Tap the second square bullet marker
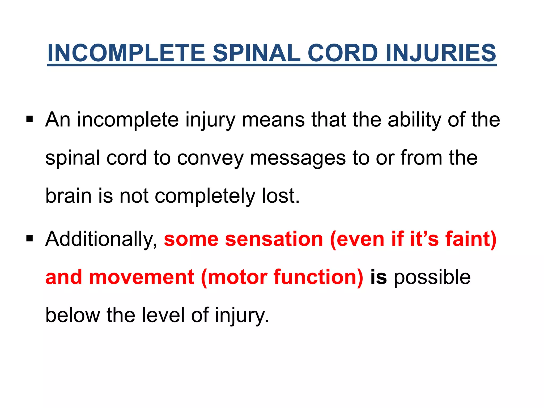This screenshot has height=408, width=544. click(29, 238)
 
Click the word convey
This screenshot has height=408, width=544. click(210, 158)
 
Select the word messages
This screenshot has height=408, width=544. click(298, 158)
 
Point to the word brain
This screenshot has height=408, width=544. click(69, 196)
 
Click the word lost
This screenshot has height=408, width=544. click(280, 196)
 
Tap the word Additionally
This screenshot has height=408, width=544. click(101, 239)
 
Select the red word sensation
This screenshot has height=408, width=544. click(274, 239)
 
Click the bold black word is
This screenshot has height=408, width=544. click(378, 277)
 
